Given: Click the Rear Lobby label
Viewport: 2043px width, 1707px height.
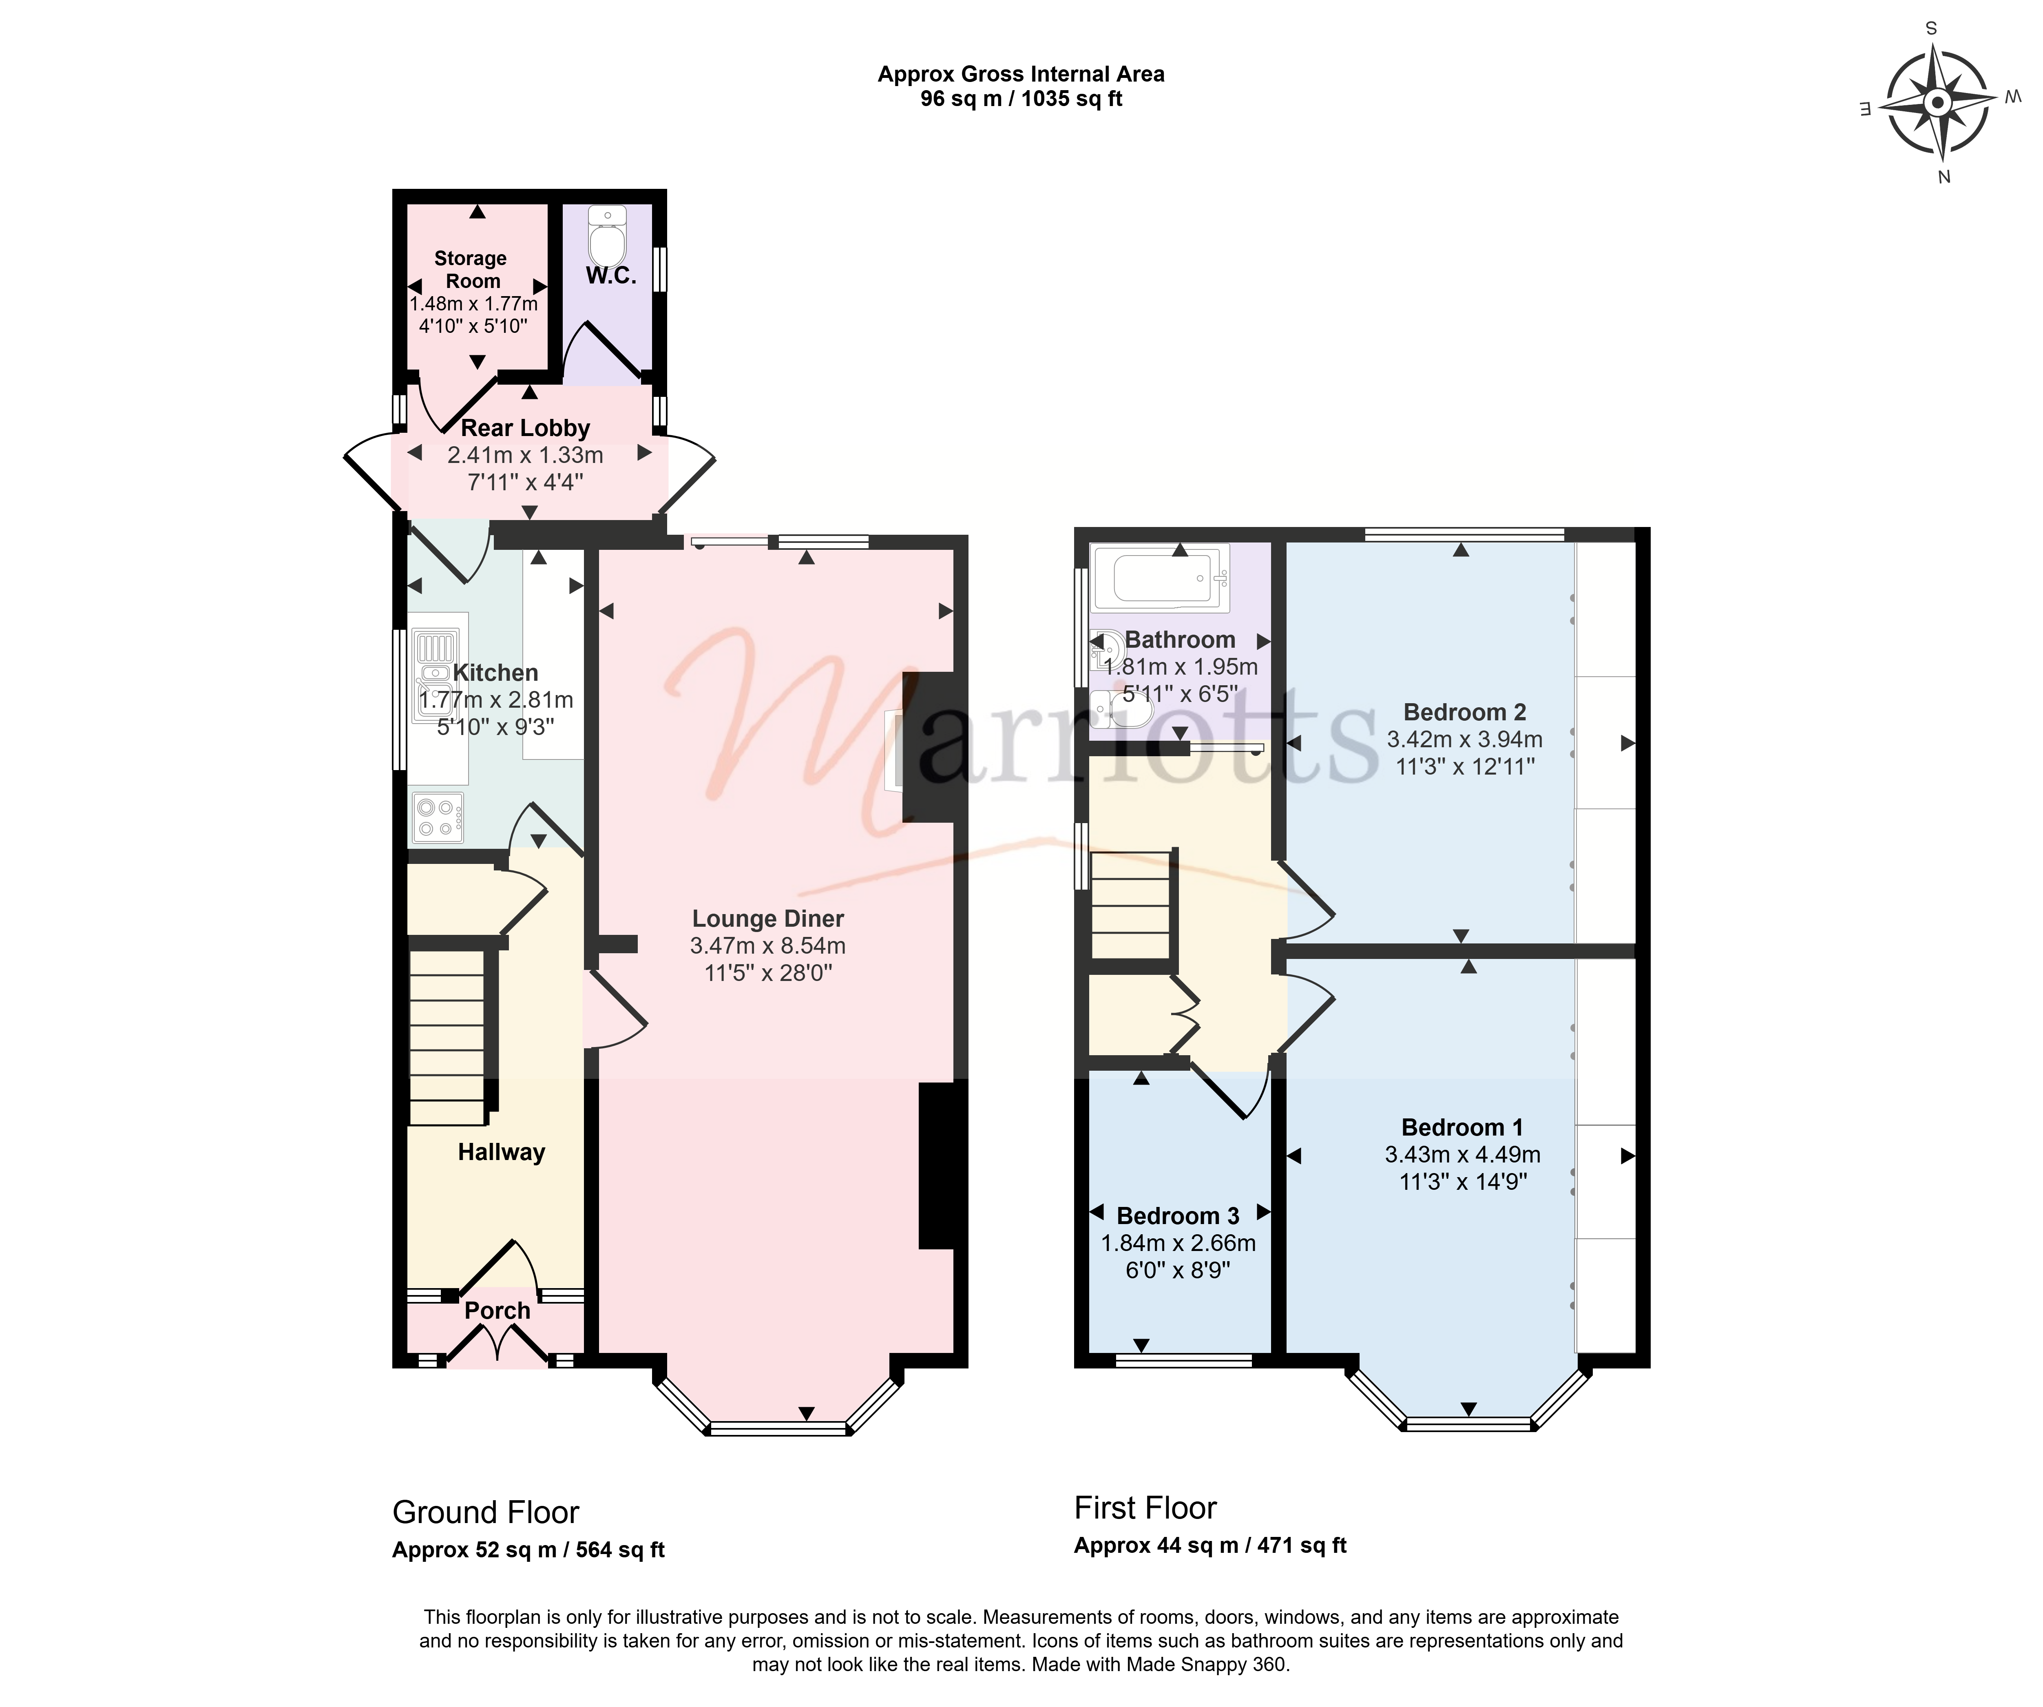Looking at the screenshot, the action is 525,428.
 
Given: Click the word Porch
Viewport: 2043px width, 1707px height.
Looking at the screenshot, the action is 497,1311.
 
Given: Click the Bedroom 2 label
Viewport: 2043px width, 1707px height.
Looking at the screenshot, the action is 1464,713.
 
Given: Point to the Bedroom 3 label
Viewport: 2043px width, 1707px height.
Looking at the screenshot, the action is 1178,1216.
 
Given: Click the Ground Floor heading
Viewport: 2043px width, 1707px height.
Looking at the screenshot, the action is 485,1512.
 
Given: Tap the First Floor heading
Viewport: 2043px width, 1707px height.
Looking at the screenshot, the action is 1145,1508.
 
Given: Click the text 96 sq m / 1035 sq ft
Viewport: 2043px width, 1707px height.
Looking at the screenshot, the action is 1021,99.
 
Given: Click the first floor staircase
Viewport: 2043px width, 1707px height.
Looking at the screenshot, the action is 1130,905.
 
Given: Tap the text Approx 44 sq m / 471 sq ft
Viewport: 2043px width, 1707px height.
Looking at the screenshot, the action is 1210,1545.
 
